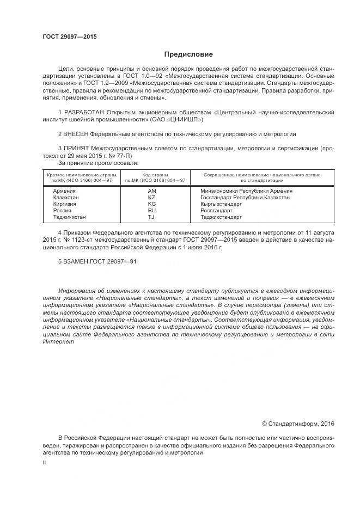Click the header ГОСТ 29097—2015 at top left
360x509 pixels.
(x=69, y=36)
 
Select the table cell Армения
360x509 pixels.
(x=64, y=191)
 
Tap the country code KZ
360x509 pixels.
(x=152, y=198)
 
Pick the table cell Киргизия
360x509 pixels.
(x=65, y=204)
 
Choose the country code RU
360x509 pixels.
(x=152, y=210)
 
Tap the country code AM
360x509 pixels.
(x=152, y=191)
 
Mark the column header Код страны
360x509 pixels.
(x=155, y=175)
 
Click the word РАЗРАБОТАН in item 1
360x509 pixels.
(x=86, y=112)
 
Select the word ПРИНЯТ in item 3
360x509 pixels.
(x=76, y=148)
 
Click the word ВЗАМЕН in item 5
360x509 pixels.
(x=77, y=262)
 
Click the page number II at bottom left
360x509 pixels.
(x=44, y=462)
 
